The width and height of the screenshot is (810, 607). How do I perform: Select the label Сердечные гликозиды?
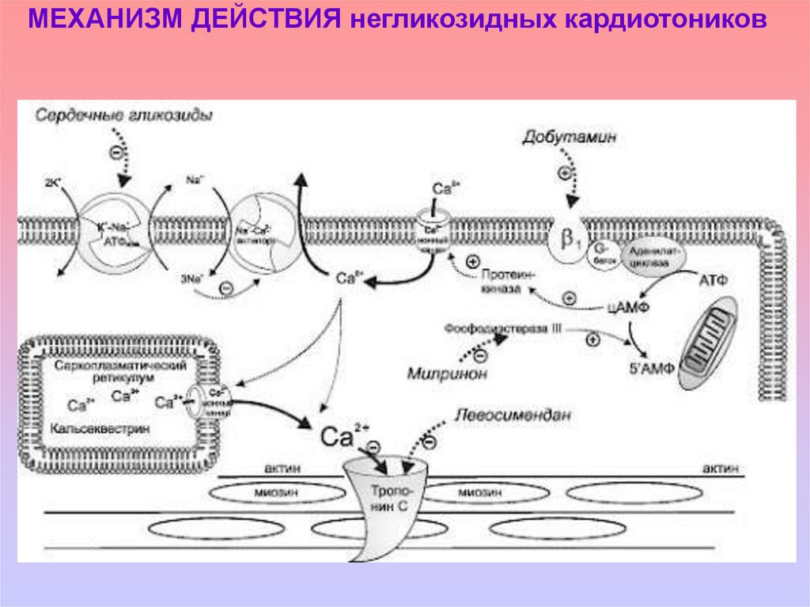[x=123, y=115]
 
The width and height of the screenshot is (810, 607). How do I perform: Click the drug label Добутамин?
[x=569, y=137]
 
